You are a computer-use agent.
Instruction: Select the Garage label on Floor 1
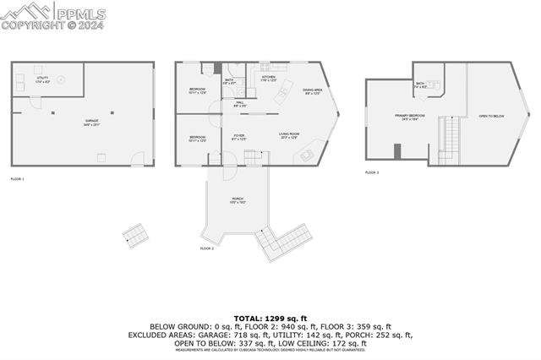pyautogui.click(x=90, y=122)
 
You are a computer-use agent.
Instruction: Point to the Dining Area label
pyautogui.click(x=312, y=92)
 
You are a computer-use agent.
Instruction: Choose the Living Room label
pyautogui.click(x=290, y=135)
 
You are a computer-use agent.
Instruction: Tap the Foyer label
pyautogui.click(x=239, y=137)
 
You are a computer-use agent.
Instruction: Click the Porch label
pyautogui.click(x=238, y=201)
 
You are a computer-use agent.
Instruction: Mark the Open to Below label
pyautogui.click(x=491, y=116)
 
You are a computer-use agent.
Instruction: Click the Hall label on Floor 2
pyautogui.click(x=239, y=105)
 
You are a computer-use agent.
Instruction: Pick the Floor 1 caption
pyautogui.click(x=17, y=179)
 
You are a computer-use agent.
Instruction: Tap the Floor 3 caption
pyautogui.click(x=372, y=172)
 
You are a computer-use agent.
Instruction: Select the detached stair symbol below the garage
pyautogui.click(x=133, y=235)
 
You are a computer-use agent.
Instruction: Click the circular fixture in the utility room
pyautogui.click(x=60, y=72)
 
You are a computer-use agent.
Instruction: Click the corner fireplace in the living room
pyautogui.click(x=306, y=155)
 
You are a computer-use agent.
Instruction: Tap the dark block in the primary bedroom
pyautogui.click(x=396, y=151)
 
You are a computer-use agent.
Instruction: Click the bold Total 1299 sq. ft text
pyautogui.click(x=270, y=319)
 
